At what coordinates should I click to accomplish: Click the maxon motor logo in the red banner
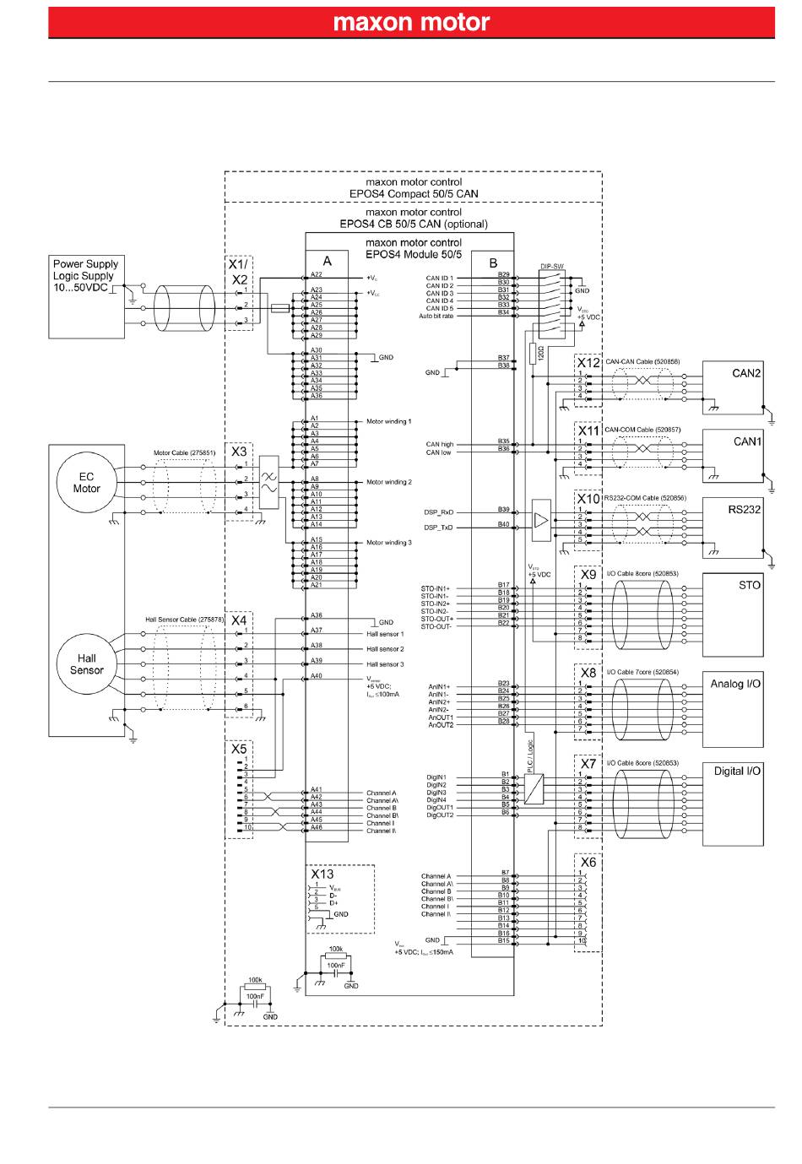click(411, 22)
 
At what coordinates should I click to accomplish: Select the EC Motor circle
click(86, 483)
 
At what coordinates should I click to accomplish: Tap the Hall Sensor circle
click(86, 664)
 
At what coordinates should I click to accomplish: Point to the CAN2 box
click(733, 387)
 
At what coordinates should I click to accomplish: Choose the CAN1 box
click(733, 456)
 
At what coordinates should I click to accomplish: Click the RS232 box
click(733, 524)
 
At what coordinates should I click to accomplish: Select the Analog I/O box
click(733, 709)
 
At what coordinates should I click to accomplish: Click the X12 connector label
click(588, 363)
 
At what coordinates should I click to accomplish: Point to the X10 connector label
click(588, 499)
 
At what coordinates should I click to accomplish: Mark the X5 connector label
click(239, 749)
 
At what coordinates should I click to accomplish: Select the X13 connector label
click(322, 874)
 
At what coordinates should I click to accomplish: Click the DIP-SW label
click(551, 267)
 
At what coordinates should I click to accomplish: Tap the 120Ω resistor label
click(540, 352)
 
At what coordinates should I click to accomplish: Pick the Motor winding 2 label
click(388, 482)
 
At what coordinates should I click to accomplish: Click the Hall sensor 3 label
click(385, 664)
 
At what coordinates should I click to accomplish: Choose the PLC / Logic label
click(530, 757)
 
